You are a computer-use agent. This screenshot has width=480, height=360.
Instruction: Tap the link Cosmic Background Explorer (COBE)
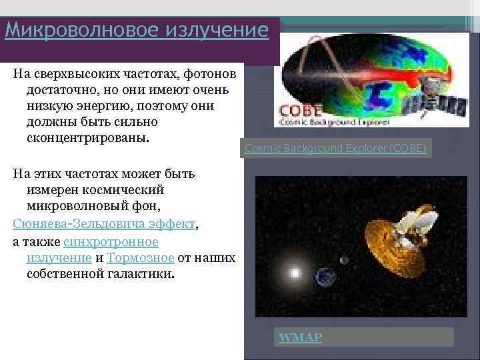tap(335, 148)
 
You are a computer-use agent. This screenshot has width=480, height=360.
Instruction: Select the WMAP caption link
tap(300, 337)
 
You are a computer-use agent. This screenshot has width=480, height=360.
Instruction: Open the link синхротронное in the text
tap(111, 241)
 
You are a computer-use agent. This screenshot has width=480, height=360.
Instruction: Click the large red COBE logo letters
tap(301, 111)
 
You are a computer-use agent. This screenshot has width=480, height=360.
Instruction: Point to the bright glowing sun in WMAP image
tap(294, 272)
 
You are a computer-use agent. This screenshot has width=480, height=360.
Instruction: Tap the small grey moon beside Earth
tap(344, 260)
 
